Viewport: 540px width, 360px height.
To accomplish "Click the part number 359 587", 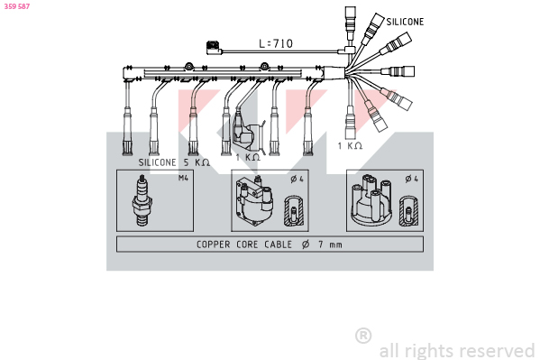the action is pyautogui.click(x=17, y=6).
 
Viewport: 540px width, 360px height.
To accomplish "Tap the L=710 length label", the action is pyautogui.click(x=276, y=43).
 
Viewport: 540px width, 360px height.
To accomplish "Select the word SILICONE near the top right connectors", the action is pyautogui.click(x=405, y=22).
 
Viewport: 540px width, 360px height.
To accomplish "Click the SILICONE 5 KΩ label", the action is pyautogui.click(x=174, y=162).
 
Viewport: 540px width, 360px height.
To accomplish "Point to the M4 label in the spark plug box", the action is pyautogui.click(x=183, y=178).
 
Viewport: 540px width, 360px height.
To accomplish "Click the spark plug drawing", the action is pyautogui.click(x=142, y=200).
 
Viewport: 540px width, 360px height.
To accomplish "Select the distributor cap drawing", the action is pyautogui.click(x=371, y=198).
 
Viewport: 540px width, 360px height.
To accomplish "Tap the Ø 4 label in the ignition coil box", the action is pyautogui.click(x=297, y=179).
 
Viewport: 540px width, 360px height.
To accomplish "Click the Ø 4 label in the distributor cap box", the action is pyautogui.click(x=412, y=179).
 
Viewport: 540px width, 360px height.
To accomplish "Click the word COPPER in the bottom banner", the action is pyautogui.click(x=213, y=245).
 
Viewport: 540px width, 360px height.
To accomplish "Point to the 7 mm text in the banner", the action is pyautogui.click(x=330, y=245).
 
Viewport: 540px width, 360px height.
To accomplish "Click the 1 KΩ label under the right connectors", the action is pyautogui.click(x=350, y=146).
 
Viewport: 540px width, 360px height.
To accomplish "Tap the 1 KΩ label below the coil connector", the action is pyautogui.click(x=248, y=157).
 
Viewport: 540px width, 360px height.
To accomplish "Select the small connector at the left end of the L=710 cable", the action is pyautogui.click(x=215, y=48).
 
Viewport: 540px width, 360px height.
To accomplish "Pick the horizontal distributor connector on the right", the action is pyautogui.click(x=398, y=71).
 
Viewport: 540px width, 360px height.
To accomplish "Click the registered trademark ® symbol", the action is pyautogui.click(x=363, y=336).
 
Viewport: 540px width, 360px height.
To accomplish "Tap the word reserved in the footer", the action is pyautogui.click(x=498, y=351).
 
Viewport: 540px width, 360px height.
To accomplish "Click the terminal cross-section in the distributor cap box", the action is pyautogui.click(x=408, y=211).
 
